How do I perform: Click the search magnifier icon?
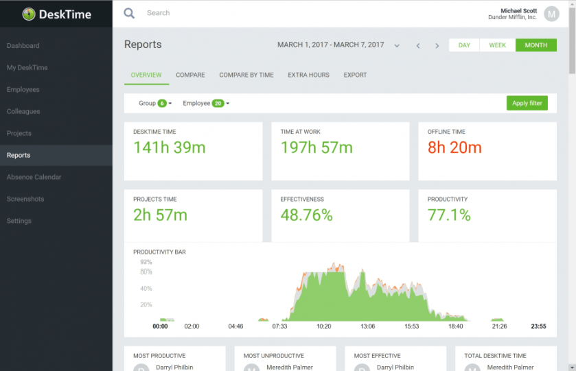pos(129,13)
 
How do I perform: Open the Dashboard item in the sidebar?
pos(23,46)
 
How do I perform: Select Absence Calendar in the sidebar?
pos(34,177)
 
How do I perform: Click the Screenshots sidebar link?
pos(25,199)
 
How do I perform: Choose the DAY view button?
pos(464,45)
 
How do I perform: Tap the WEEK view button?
pos(497,45)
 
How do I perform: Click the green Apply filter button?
pos(527,103)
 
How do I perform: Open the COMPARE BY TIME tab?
pos(246,75)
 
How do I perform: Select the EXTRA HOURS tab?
pos(308,75)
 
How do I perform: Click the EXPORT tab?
pos(355,75)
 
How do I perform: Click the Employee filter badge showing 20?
pos(218,104)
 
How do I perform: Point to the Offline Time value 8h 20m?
pos(454,147)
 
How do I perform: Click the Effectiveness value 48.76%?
pos(306,215)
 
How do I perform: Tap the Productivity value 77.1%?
pos(449,215)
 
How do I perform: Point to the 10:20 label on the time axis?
pos(323,326)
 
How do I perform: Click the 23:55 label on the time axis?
pos(538,326)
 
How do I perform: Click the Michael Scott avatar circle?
pos(551,13)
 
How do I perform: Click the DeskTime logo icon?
pos(29,14)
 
